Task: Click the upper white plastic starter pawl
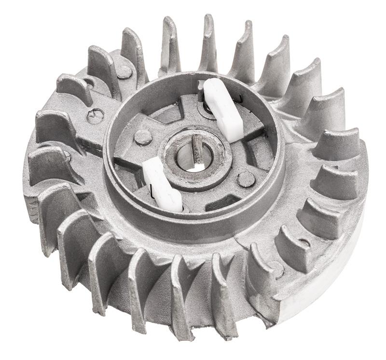(223, 110)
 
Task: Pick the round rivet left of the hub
(143, 137)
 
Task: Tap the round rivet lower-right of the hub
(246, 179)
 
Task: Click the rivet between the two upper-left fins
(124, 72)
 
